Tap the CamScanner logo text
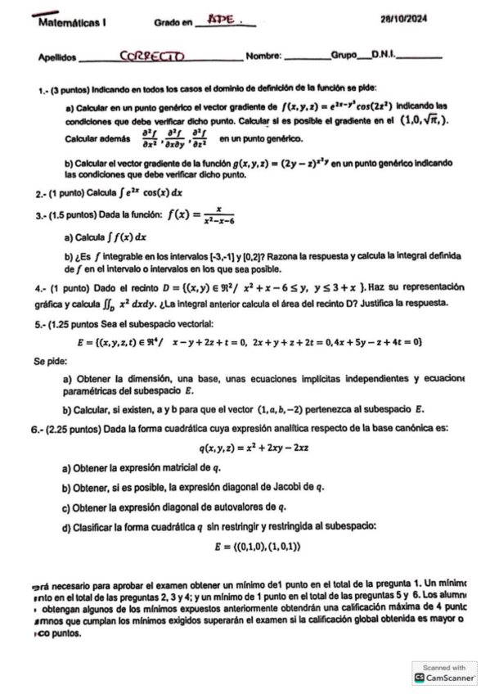coord(451,678)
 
